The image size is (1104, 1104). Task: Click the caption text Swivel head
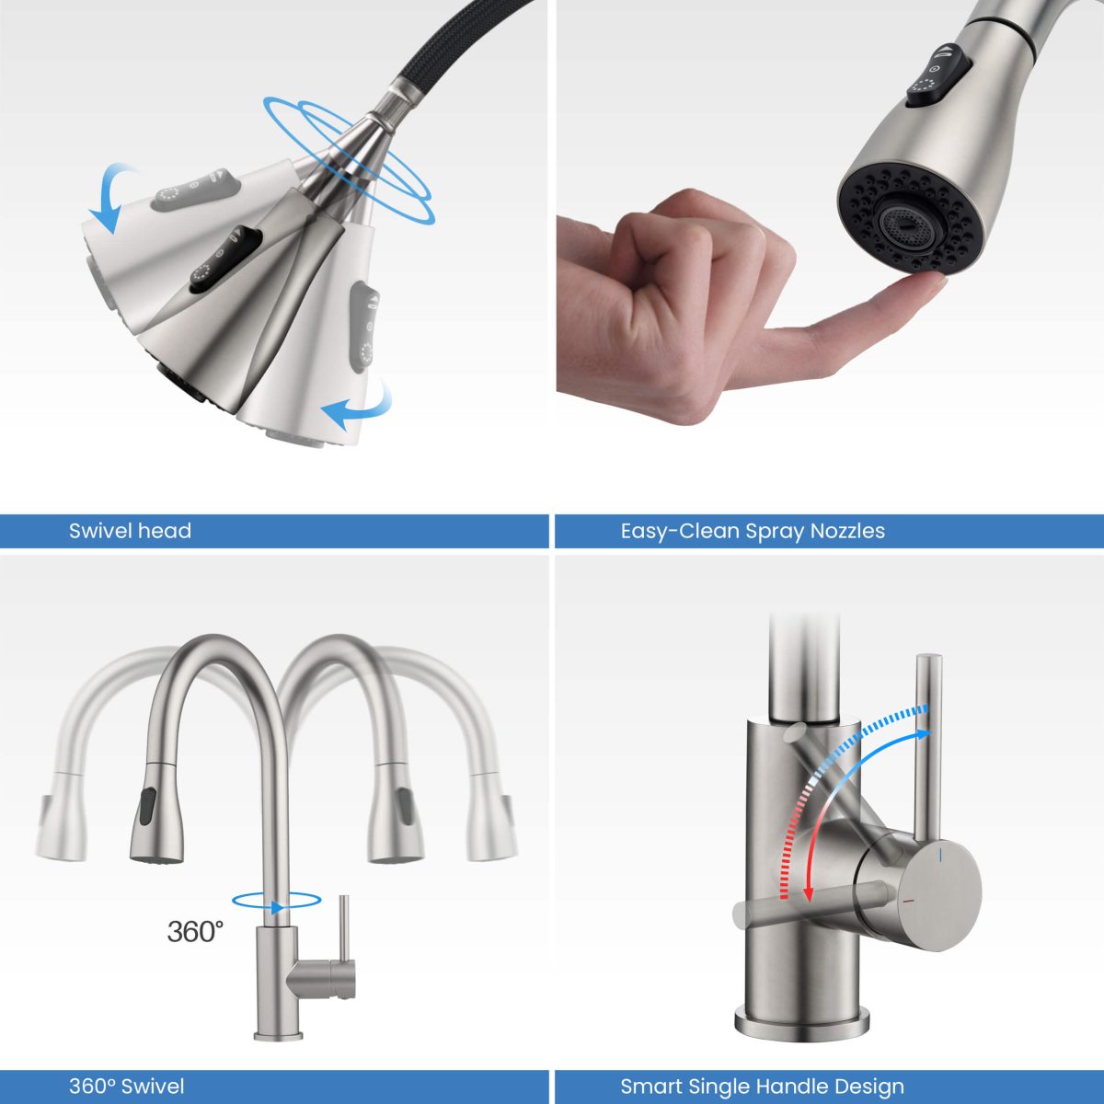pos(130,531)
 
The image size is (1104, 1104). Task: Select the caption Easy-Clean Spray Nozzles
pos(753,531)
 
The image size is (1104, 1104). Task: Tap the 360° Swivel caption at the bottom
pos(126,1087)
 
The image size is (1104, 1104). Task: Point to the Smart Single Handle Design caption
pos(762,1087)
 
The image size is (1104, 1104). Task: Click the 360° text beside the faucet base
pos(195,931)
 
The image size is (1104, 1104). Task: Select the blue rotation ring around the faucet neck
pos(276,903)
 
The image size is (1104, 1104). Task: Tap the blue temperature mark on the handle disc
pos(940,857)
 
